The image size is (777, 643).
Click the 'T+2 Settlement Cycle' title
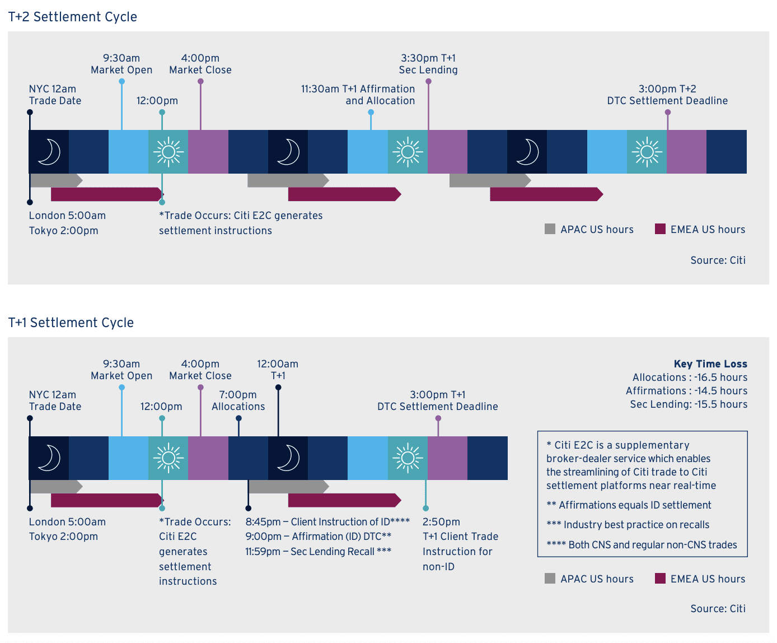pyautogui.click(x=73, y=17)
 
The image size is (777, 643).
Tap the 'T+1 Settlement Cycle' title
pyautogui.click(x=71, y=323)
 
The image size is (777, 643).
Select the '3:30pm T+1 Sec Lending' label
pyautogui.click(x=428, y=64)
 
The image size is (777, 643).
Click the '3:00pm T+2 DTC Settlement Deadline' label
pyautogui.click(x=667, y=95)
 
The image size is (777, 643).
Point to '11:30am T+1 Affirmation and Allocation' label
pyautogui.click(x=358, y=95)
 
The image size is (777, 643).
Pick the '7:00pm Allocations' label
pyautogui.click(x=238, y=400)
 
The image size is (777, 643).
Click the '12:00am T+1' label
pyautogui.click(x=278, y=370)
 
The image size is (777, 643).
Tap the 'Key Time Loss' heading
pyautogui.click(x=710, y=364)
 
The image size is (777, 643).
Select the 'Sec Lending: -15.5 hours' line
pyautogui.click(x=689, y=404)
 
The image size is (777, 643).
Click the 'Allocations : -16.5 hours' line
pyautogui.click(x=690, y=378)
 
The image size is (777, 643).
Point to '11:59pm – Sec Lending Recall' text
pyautogui.click(x=318, y=552)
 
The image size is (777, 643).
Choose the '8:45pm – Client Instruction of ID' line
pyautogui.click(x=327, y=522)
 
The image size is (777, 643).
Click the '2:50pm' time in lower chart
pyautogui.click(x=441, y=522)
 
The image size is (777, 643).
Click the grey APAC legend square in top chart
pyautogui.click(x=550, y=229)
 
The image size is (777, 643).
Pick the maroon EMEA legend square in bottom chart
pyautogui.click(x=660, y=578)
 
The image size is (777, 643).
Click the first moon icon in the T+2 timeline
pyautogui.click(x=49, y=152)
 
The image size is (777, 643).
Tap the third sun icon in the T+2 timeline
pyautogui.click(x=647, y=152)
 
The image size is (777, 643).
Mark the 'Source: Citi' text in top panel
pyautogui.click(x=718, y=260)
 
